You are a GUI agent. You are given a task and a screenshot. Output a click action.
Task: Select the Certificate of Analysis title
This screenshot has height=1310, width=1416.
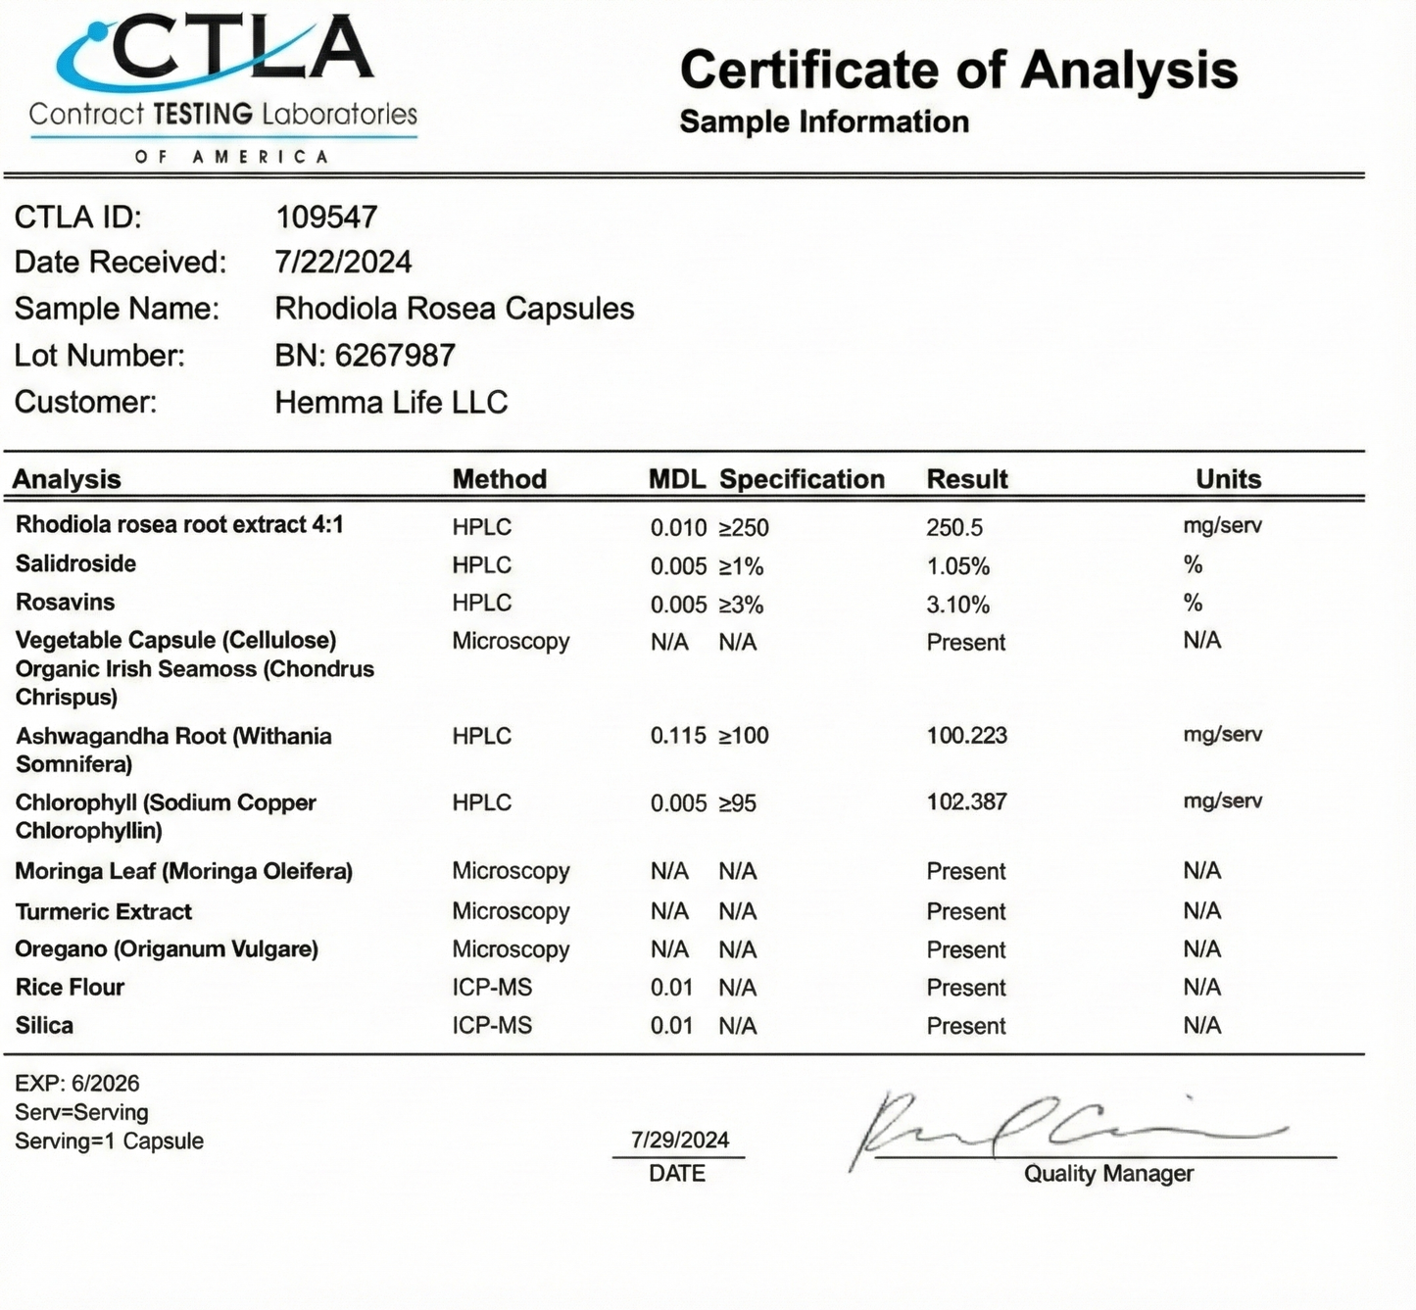[957, 71]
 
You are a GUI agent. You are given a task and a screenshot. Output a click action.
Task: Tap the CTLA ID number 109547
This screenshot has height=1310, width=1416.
[326, 217]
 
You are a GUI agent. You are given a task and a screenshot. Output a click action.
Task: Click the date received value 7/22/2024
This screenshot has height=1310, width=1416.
[343, 262]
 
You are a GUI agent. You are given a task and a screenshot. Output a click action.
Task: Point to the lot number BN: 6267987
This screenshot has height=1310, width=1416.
[365, 355]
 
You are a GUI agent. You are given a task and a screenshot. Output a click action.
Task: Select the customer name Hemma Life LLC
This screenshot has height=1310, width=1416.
[391, 402]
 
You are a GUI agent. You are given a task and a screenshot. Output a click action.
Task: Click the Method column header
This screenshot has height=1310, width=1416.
[499, 479]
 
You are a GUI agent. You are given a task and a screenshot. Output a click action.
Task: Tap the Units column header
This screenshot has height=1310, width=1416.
[1228, 479]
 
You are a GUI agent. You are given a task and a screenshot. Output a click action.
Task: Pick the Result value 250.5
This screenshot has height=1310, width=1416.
[954, 527]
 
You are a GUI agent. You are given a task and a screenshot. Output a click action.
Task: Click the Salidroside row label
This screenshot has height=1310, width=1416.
[75, 563]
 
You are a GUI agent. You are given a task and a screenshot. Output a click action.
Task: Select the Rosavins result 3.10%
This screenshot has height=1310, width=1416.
[957, 605]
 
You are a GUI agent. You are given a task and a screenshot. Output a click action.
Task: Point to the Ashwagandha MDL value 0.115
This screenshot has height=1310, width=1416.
[678, 736]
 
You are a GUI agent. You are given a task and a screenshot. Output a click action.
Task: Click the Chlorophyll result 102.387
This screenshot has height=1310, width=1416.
[966, 801]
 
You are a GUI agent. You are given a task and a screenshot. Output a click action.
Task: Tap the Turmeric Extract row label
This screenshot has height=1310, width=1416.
[104, 911]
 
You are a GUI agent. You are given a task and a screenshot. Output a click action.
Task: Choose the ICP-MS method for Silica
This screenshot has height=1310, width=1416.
[492, 1026]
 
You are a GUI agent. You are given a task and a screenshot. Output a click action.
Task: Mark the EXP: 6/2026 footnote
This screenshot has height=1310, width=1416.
[76, 1084]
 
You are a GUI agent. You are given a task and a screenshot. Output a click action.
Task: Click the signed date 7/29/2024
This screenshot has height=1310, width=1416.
[679, 1140]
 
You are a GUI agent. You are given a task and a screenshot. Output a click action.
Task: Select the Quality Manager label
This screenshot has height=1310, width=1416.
[1108, 1174]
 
